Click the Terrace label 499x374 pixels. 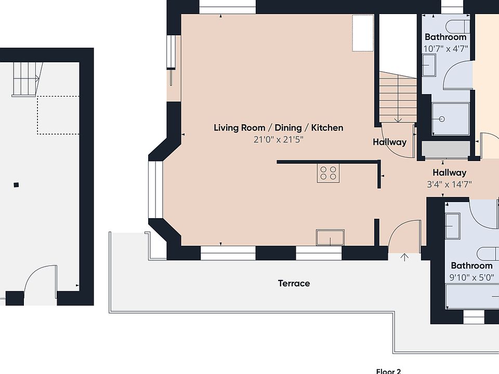tap(294, 284)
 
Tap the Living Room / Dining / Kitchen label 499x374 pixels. tap(279, 128)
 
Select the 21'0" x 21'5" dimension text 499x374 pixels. tap(279, 140)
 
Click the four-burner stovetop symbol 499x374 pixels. tap(328, 173)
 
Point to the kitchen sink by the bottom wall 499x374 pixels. tap(330, 237)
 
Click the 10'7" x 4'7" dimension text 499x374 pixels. tap(445, 49)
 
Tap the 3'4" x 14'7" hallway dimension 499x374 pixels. tap(449, 184)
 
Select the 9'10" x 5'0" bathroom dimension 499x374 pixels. tap(471, 277)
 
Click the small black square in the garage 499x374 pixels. tap(16, 185)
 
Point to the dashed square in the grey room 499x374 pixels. tap(58, 115)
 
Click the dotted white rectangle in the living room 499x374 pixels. tap(363, 33)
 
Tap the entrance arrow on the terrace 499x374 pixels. tap(404, 257)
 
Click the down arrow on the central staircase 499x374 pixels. tap(398, 119)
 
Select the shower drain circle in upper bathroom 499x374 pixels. tap(442, 119)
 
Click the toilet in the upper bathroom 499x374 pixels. tap(457, 26)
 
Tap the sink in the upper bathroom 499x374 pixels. tap(429, 65)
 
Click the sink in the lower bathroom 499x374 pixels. tap(453, 226)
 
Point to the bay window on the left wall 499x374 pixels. tap(155, 190)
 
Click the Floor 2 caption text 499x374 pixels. tap(389, 371)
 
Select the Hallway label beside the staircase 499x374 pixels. tap(389, 142)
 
